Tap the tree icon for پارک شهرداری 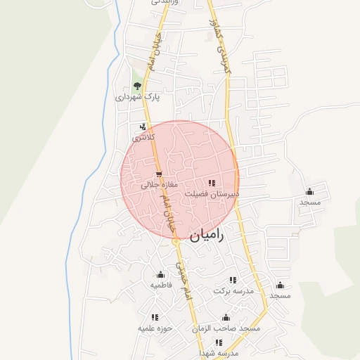click(137, 86)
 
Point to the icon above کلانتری click(143, 127)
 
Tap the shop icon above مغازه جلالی click(159, 174)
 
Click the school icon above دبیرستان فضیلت click(212, 183)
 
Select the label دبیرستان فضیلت click(212, 193)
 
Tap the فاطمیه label click(161, 285)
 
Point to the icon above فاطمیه click(161, 275)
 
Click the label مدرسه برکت click(233, 290)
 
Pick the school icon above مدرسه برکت click(233, 280)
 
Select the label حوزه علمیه click(155, 328)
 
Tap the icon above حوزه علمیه click(155, 318)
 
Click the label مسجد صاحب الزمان click(226, 328)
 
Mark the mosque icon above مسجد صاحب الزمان click(226, 318)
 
